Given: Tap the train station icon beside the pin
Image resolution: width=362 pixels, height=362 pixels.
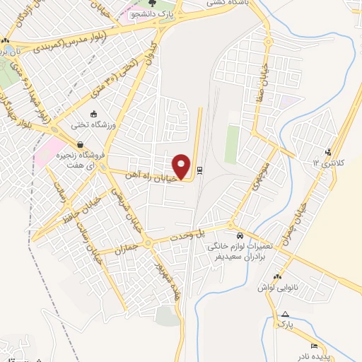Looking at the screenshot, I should (x=200, y=170).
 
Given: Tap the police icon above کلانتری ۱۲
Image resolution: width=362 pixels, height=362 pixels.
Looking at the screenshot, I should (x=327, y=151).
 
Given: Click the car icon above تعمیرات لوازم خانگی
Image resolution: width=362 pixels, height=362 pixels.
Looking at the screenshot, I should (x=240, y=235).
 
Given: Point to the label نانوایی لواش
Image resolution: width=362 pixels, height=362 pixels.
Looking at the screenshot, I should (x=278, y=288).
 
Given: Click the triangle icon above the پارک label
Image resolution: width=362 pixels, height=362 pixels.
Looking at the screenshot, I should (x=284, y=314).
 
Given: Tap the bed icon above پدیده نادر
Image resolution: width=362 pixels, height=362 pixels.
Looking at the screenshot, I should (x=314, y=346).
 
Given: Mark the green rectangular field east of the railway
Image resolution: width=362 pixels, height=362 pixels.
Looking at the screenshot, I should (x=232, y=144).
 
